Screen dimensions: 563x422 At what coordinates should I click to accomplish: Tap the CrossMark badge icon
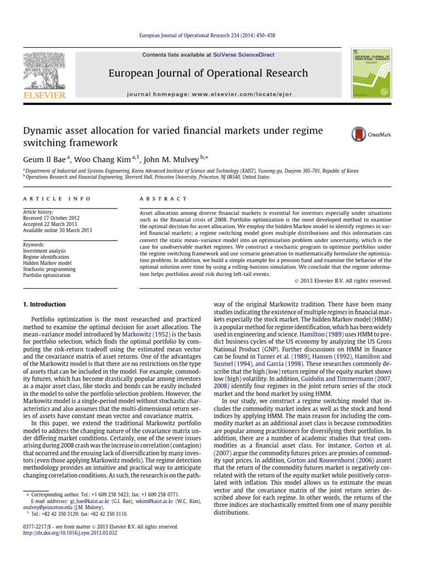pos(358,134)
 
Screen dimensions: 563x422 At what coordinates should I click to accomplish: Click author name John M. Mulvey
pos(172,159)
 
